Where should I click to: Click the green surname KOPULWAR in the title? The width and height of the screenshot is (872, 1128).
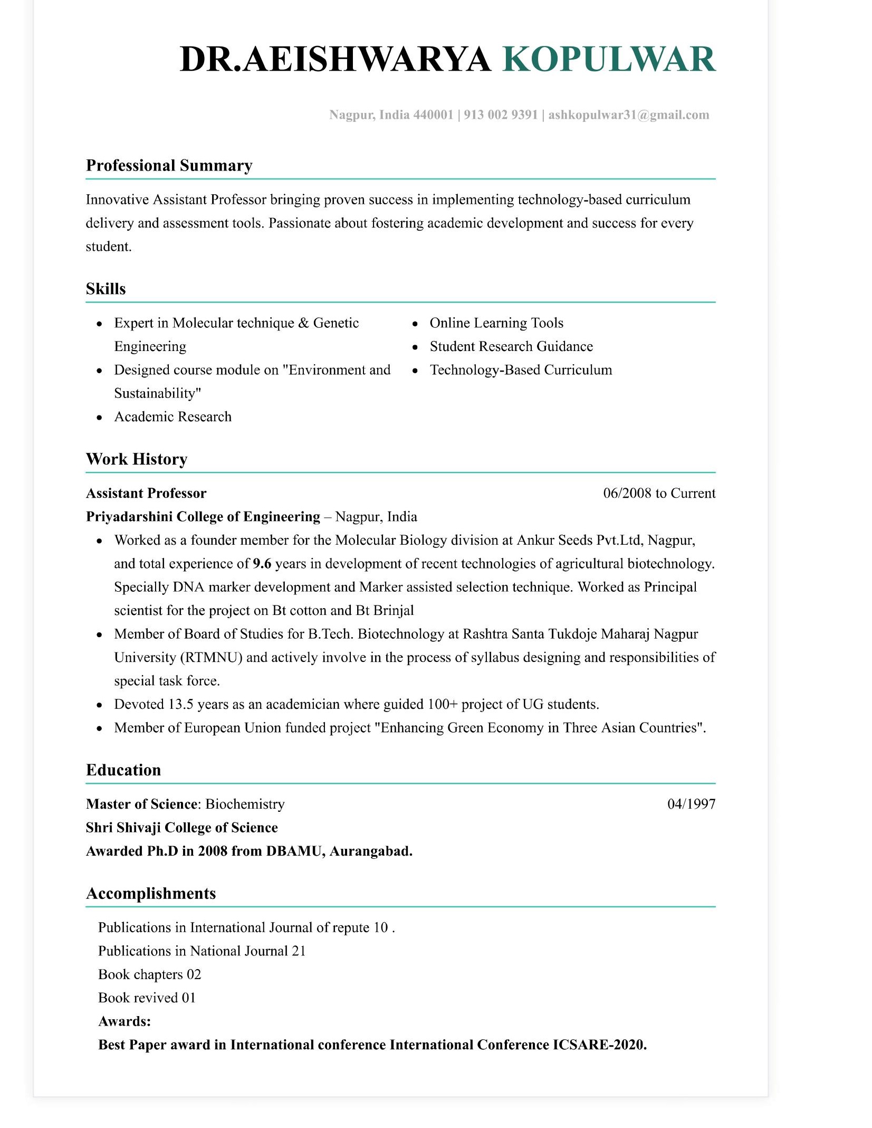[x=609, y=59]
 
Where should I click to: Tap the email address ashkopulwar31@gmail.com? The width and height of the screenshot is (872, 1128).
[x=628, y=115]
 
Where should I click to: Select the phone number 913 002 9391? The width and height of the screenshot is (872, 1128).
[x=500, y=115]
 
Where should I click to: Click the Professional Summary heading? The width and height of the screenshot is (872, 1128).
[x=169, y=166]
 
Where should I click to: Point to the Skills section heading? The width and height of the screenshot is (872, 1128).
[x=106, y=289]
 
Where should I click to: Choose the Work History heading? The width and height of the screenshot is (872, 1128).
[x=136, y=459]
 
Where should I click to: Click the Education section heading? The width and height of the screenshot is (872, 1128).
[x=123, y=770]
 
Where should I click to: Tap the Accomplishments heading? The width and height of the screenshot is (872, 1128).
[x=150, y=894]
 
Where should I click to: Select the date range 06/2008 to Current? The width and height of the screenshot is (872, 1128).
[x=659, y=494]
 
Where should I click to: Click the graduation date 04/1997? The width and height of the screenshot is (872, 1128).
[x=691, y=804]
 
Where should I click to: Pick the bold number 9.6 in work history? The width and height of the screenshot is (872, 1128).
[x=262, y=564]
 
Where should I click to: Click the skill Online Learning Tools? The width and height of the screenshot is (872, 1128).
[x=496, y=323]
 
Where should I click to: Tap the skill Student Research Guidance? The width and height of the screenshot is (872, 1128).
[x=511, y=347]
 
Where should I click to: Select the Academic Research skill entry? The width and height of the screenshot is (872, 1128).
[x=173, y=417]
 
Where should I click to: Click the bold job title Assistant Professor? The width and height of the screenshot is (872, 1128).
[x=146, y=494]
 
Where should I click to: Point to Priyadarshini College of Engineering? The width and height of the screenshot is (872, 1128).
[x=203, y=517]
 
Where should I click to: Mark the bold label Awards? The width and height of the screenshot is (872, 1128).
[x=124, y=1021]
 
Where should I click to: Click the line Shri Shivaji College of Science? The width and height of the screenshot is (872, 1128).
[x=181, y=828]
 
